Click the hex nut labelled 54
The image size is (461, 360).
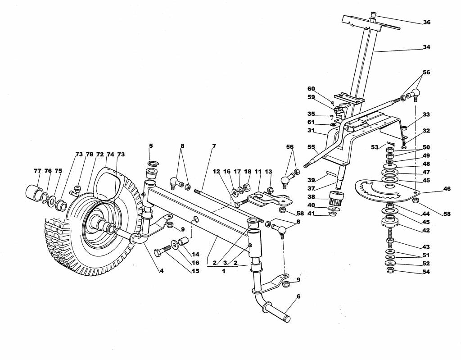390,270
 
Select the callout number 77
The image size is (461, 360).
37,171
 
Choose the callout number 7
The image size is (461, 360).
214,146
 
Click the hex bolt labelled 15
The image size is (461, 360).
162,252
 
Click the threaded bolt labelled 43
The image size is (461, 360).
390,236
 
